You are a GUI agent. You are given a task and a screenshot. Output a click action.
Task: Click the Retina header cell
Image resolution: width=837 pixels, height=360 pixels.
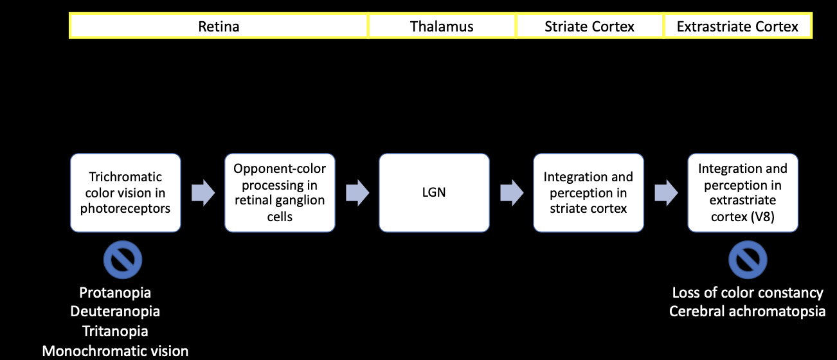(x=219, y=26)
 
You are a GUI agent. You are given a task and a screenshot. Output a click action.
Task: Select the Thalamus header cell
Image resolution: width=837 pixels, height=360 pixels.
(x=442, y=26)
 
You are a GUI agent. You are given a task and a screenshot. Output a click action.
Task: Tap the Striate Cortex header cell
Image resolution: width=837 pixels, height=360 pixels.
(x=589, y=26)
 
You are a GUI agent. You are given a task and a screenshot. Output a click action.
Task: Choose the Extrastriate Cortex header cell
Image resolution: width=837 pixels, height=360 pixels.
(x=738, y=26)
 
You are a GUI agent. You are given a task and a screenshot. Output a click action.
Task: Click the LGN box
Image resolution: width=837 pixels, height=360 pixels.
(x=434, y=192)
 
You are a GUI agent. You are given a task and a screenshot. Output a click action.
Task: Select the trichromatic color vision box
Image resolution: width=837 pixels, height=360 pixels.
(x=125, y=192)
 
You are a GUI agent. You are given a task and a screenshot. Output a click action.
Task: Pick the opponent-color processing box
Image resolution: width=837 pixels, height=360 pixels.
(x=280, y=192)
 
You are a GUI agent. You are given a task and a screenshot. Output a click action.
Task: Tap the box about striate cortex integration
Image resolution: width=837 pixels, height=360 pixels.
(x=588, y=192)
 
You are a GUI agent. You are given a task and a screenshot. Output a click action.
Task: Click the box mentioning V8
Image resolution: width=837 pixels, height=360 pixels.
(x=743, y=192)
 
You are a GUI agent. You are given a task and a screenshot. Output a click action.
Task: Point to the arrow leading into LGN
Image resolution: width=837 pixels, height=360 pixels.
(x=357, y=193)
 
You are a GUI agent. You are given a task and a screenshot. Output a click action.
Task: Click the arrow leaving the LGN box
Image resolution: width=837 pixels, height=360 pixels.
(x=512, y=193)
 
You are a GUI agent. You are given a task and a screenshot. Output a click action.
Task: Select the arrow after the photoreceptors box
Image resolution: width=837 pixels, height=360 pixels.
(x=203, y=193)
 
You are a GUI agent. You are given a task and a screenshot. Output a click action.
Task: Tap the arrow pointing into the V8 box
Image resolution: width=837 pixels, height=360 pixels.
(x=666, y=193)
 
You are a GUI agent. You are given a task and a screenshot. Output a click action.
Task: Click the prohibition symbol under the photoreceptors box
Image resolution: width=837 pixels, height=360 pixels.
(x=123, y=260)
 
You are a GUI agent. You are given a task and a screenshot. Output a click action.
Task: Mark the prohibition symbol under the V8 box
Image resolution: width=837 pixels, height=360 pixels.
(x=748, y=260)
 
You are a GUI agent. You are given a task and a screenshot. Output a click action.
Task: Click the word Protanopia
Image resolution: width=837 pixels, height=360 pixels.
(x=115, y=292)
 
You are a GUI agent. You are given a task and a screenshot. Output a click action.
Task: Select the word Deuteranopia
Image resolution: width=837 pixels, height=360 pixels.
(x=115, y=311)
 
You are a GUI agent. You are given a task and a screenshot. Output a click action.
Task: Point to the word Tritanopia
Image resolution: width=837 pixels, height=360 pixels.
(x=115, y=331)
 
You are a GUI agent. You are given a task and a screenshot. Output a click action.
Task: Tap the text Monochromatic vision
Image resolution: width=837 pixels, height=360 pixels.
(x=115, y=351)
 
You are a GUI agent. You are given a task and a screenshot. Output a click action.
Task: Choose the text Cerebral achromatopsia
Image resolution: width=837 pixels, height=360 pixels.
(x=747, y=311)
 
